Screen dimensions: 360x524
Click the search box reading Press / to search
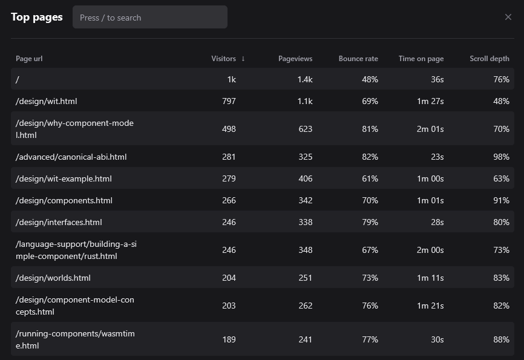[150, 18]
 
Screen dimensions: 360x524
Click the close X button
[508, 17]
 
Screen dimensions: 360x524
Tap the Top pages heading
[37, 17]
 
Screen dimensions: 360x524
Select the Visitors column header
[223, 59]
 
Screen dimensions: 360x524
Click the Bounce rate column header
[358, 59]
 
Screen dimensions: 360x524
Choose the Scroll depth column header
[490, 59]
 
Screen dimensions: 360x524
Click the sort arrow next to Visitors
[243, 59]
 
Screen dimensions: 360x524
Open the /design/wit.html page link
[47, 101]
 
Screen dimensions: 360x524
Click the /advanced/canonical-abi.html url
[71, 157]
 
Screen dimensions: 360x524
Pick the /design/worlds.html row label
[53, 278]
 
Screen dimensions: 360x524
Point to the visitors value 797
[229, 101]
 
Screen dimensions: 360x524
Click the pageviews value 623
[306, 129]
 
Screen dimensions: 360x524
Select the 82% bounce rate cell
[370, 157]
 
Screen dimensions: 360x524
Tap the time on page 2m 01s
[430, 129]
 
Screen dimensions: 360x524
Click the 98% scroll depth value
[501, 157]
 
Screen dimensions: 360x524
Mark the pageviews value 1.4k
[305, 79]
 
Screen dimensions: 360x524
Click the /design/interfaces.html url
[59, 222]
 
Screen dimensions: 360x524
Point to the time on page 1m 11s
[430, 278]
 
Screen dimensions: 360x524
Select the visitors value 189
[229, 339]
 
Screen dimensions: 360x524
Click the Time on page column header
[421, 59]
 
